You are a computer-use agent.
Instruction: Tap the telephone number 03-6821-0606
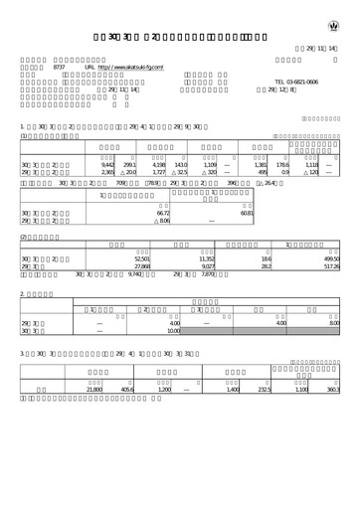295,82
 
